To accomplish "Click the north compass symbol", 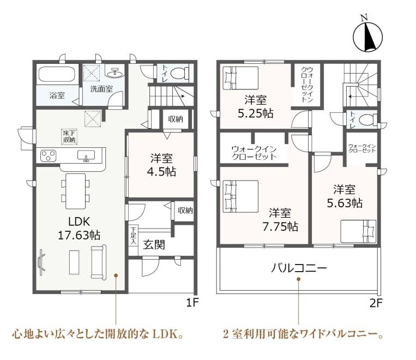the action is coord(367,37).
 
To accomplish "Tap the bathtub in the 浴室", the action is coord(57,74).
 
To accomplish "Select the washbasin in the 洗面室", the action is coord(115,72).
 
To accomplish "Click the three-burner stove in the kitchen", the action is coord(49,156).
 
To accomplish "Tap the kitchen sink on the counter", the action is coord(86,156).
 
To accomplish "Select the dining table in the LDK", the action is coord(76,191).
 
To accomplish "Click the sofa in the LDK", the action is coord(99,262).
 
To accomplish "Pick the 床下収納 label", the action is coord(69,136).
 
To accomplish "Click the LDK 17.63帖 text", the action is coord(79,228).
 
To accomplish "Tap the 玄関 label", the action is coord(154,245).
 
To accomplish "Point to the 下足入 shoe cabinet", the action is coord(134,236).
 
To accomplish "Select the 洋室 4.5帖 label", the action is coord(161,165).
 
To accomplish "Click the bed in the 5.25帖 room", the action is coord(240,78).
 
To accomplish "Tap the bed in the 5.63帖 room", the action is coord(358,231).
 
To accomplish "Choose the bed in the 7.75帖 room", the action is coord(240,196).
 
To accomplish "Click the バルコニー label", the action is coord(299,268).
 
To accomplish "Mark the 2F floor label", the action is coord(376,303).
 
